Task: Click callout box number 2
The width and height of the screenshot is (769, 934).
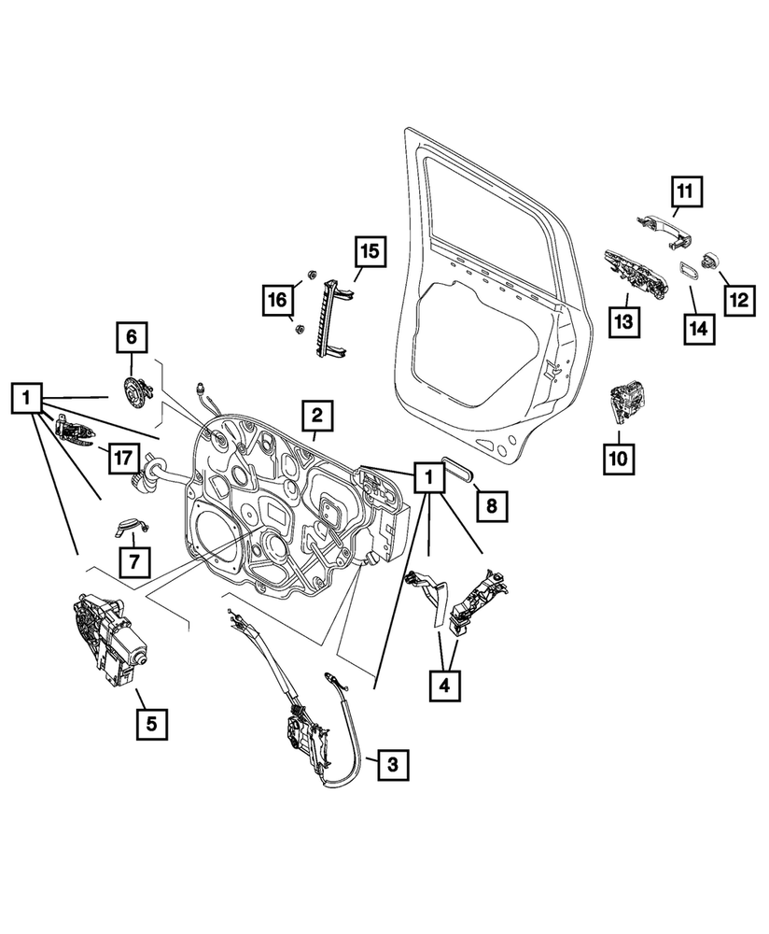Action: (x=317, y=415)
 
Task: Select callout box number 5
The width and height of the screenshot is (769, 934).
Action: (x=153, y=722)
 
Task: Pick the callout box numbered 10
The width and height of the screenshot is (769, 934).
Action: (x=621, y=458)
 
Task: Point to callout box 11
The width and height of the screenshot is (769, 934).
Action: (x=685, y=193)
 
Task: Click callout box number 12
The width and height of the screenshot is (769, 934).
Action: (x=739, y=300)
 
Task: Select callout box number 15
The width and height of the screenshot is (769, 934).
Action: (x=369, y=251)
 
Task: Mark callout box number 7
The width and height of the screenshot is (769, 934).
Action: (x=133, y=560)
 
